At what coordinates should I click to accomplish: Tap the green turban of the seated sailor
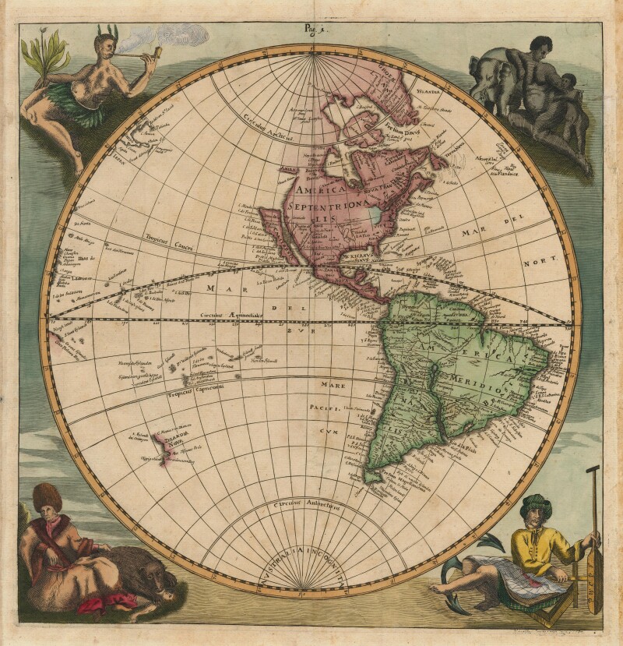coord(537,505)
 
